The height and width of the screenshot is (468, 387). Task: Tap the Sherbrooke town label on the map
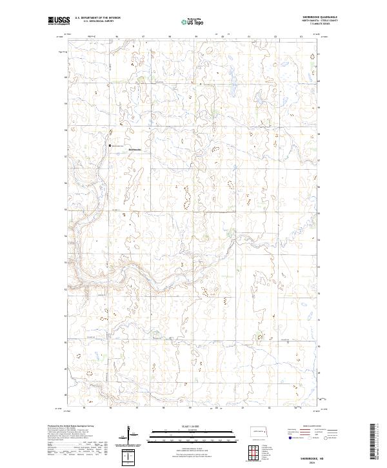point(135,150)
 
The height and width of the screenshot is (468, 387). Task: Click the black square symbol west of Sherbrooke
point(110,146)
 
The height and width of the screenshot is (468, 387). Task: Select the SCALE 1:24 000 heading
point(193,425)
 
